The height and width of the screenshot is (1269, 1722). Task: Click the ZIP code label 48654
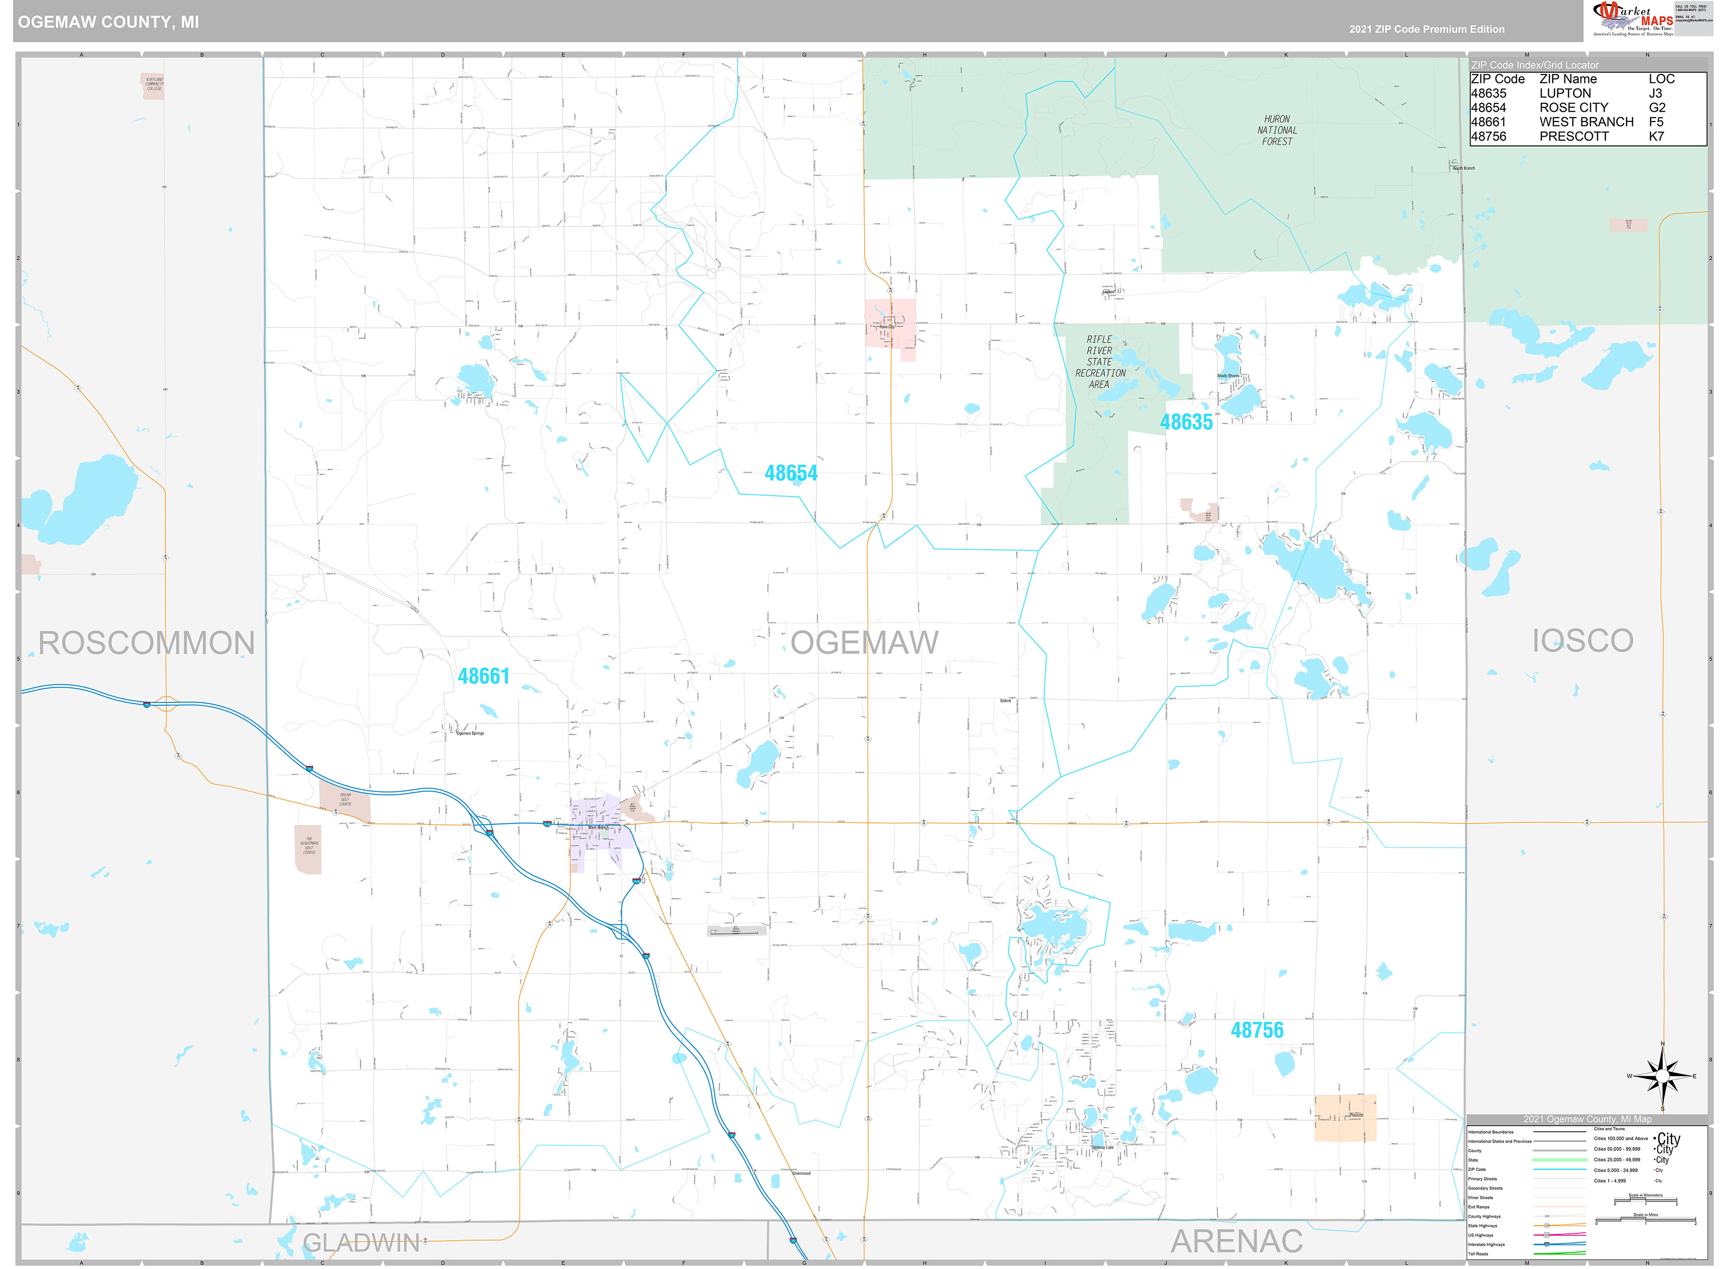point(790,473)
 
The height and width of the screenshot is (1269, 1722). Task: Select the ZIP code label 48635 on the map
point(1185,422)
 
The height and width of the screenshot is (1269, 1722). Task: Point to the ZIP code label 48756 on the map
point(1256,1030)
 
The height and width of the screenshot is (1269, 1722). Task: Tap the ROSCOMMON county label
point(146,642)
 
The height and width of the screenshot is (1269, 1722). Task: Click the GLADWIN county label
point(361,1242)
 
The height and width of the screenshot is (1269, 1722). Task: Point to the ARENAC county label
point(1236,1241)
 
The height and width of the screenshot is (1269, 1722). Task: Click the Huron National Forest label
point(1276,130)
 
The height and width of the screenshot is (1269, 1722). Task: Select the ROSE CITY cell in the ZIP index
point(1573,107)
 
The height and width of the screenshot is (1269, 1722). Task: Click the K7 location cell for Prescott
point(1656,136)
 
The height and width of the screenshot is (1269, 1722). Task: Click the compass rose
point(1661,1075)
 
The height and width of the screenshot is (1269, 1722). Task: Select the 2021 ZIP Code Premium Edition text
point(1426,29)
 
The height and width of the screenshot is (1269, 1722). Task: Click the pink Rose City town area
point(890,323)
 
